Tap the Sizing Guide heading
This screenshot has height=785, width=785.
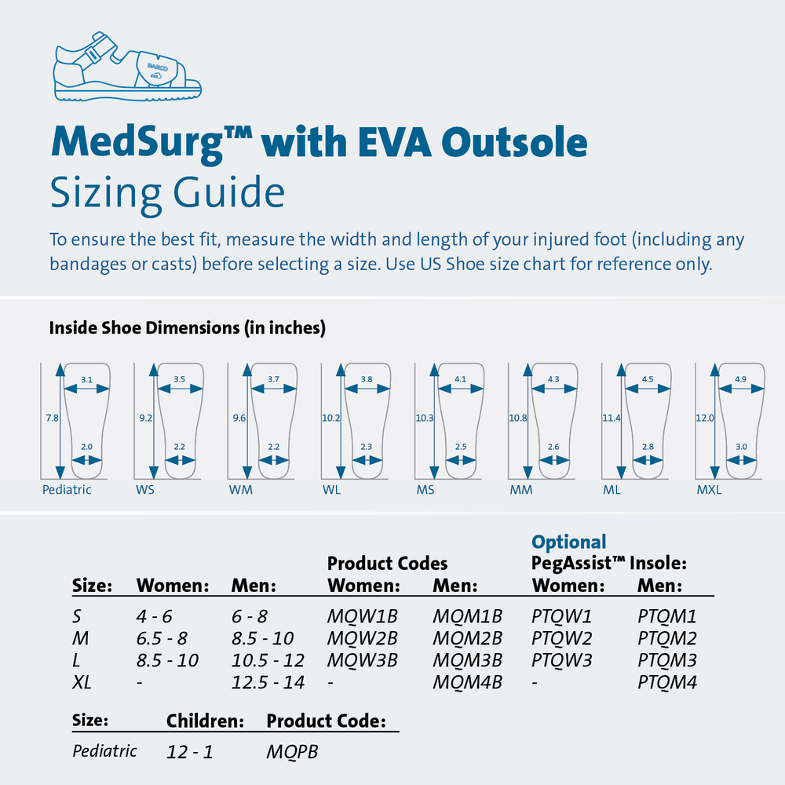[x=166, y=192]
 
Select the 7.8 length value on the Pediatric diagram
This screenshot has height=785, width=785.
[x=52, y=418]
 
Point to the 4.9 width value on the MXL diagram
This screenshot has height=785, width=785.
[x=740, y=379]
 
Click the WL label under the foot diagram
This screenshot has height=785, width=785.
[x=331, y=490]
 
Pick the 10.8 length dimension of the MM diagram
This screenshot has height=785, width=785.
[x=518, y=418]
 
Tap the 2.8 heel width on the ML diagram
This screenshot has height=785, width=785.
[x=648, y=447]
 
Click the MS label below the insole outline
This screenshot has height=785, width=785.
[x=425, y=490]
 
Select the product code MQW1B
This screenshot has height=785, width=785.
[x=362, y=616]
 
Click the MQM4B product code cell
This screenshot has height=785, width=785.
[x=467, y=682]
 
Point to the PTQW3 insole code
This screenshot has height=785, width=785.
[x=561, y=660]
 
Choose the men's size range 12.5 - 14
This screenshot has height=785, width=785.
[x=268, y=682]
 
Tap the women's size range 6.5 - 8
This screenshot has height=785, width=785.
[x=162, y=638]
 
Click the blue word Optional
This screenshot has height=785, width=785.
[x=569, y=542]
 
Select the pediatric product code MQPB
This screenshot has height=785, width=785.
[x=292, y=751]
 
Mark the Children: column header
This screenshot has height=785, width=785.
[x=205, y=721]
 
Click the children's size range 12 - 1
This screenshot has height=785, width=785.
[x=189, y=751]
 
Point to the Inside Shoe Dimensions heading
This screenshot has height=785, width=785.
[x=187, y=328]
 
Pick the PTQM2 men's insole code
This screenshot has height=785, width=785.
[x=667, y=638]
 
